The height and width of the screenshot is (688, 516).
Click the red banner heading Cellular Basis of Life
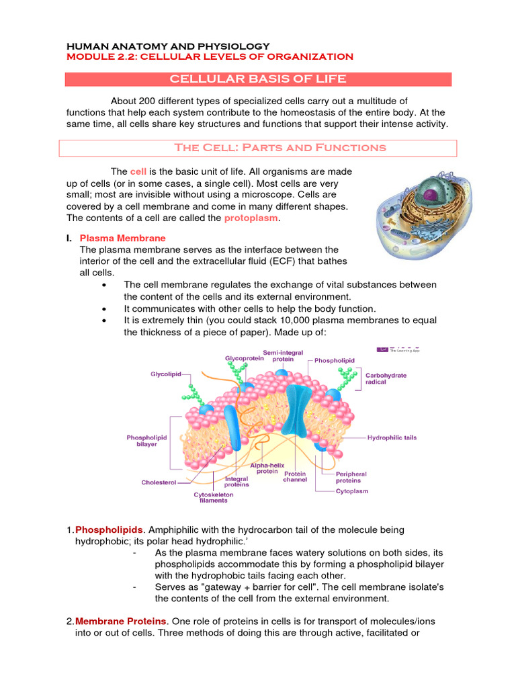coord(258,79)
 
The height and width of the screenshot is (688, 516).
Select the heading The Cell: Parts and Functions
coord(280,148)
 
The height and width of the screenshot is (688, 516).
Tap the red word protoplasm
coord(251,218)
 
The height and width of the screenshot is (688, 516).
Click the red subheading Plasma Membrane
coord(122,239)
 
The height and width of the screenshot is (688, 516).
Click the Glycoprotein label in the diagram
coord(244,359)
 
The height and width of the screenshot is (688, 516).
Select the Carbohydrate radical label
coord(386,379)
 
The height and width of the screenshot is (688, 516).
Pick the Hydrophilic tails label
coord(392,437)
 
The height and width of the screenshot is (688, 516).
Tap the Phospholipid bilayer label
coord(146,441)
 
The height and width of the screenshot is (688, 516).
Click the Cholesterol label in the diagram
coord(159,482)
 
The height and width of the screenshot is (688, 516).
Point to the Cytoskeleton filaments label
coord(214,497)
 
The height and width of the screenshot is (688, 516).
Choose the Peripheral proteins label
coord(351,477)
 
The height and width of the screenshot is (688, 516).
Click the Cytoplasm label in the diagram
coord(352,491)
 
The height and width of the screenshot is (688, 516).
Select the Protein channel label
coord(295,476)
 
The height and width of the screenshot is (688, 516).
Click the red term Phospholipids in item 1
coord(103,531)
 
